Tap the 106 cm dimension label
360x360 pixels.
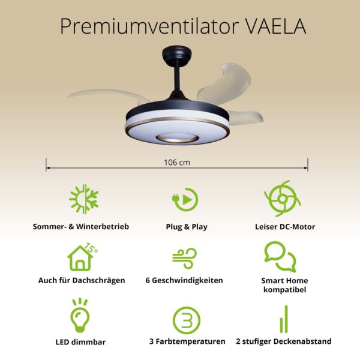pos(177,162)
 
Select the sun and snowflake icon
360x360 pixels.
pos(83,200)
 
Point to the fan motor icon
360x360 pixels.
pos(282,200)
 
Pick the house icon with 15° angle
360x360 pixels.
pos(82,257)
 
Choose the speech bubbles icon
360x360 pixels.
pos(280,257)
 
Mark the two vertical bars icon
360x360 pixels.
pos(283,319)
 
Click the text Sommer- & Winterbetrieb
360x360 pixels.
pos(81,227)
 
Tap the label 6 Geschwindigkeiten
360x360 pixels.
pos(184,281)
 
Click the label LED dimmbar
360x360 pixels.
pos(80,342)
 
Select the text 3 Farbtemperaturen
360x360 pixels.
pos(187,342)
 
